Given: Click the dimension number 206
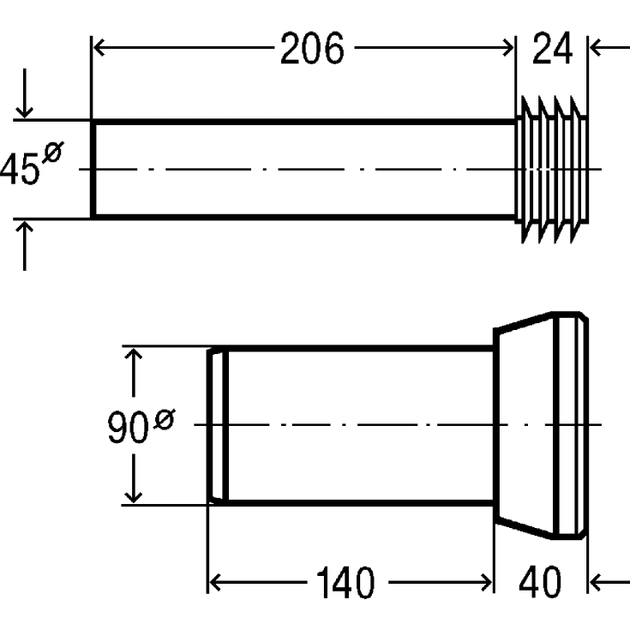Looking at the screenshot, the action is click(x=312, y=49).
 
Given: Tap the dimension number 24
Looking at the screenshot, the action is click(x=552, y=49).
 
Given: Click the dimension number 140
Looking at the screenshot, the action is click(x=345, y=583).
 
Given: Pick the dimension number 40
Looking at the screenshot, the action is click(x=540, y=581).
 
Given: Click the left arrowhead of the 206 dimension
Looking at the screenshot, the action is click(x=99, y=47).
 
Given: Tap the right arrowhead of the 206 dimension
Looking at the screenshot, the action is click(x=507, y=47).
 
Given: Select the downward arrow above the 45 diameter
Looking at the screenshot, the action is click(x=25, y=93).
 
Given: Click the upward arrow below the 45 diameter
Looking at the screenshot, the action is click(x=25, y=245).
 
